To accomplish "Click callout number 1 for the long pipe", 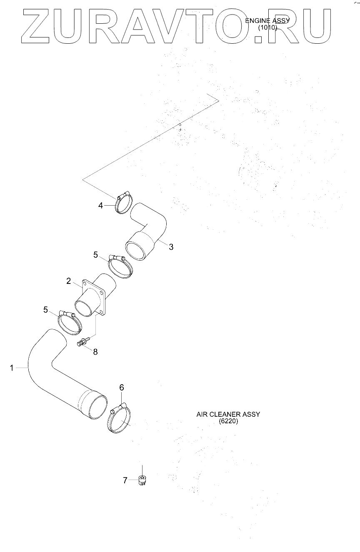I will point(12,368).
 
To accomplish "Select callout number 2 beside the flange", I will point(69,281).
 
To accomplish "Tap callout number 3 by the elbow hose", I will point(171,247).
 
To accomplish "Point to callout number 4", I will point(100,205).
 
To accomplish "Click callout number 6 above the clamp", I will point(122,388).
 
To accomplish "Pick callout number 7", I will point(125,481).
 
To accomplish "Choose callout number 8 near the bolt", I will point(95,352).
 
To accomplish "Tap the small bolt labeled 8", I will point(82,343).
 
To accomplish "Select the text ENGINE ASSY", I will point(267,21).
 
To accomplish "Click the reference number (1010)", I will point(267,28).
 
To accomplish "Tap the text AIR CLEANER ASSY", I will point(228,415).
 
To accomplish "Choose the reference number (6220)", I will point(228,421).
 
